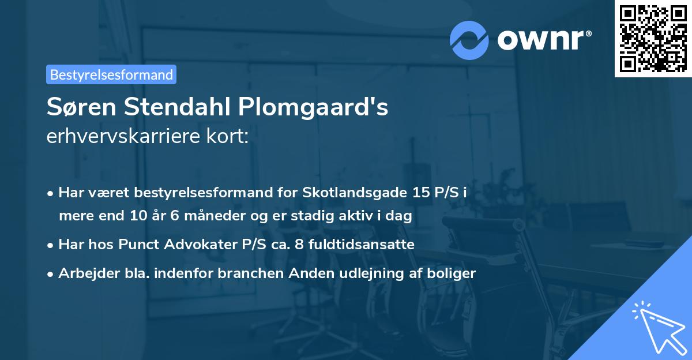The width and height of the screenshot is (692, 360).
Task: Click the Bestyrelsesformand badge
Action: point(111,74)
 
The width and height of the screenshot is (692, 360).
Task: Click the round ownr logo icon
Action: point(469,40)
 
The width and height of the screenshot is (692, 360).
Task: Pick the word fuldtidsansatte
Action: point(363,245)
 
